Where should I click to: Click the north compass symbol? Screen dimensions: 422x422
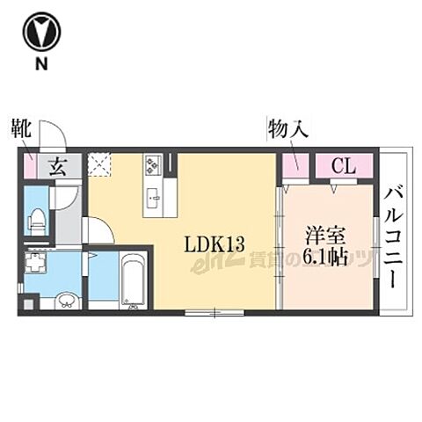click(x=41, y=33)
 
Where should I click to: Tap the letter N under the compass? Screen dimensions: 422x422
click(x=41, y=65)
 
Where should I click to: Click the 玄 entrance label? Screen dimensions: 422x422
click(x=55, y=166)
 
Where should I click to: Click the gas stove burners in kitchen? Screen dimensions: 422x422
click(x=153, y=164)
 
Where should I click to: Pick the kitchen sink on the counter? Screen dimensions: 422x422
click(x=153, y=197)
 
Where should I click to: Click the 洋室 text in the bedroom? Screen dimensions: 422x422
click(x=324, y=236)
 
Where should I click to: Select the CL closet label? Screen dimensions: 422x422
click(x=343, y=165)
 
